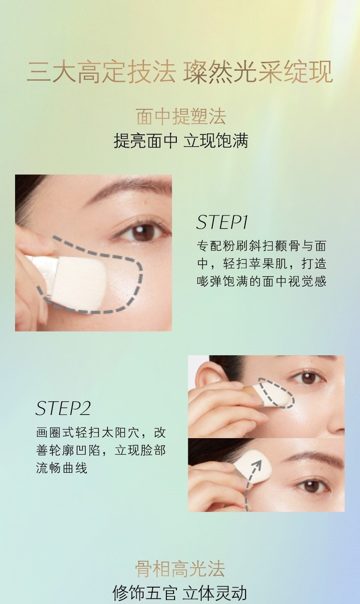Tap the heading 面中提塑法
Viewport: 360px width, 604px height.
(x=180, y=117)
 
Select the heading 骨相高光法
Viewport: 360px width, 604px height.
(x=180, y=569)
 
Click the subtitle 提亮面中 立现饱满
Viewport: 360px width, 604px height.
(x=180, y=141)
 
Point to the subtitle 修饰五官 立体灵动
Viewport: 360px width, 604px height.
(x=180, y=593)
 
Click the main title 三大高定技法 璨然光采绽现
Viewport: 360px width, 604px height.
(x=180, y=72)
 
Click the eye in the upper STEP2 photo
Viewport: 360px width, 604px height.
(x=310, y=378)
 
